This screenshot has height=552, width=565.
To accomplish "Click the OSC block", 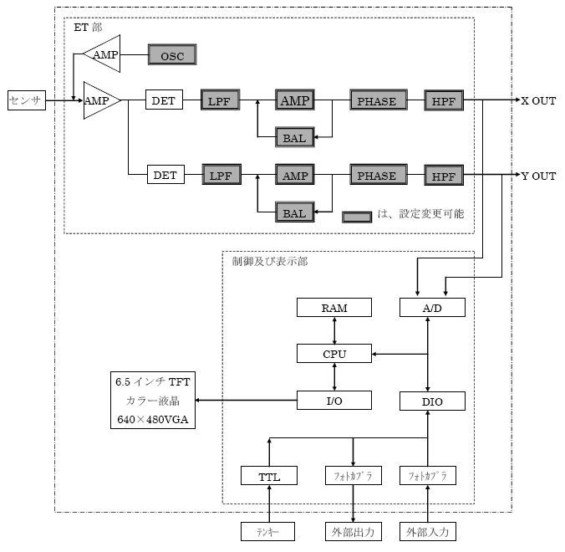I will [172, 55].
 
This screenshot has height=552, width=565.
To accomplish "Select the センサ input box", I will [26, 100].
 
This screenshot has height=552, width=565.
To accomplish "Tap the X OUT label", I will [538, 101].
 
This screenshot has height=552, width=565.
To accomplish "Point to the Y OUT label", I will [538, 176].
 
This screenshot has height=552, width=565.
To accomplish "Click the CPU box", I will [334, 354].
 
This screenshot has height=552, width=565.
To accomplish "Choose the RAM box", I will [334, 308].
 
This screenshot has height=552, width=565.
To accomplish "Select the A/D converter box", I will [432, 308].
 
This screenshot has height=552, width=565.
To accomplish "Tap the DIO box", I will [432, 401].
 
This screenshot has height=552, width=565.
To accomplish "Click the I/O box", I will [334, 401].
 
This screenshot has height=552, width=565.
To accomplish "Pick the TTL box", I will [270, 477].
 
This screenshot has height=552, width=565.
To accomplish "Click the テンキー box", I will [269, 531].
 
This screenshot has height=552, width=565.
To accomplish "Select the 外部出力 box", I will [353, 531].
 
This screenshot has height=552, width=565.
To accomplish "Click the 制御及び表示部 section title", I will [269, 262].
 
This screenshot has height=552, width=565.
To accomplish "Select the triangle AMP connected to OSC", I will [104, 54].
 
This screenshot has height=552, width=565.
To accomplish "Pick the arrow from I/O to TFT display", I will [247, 401].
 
